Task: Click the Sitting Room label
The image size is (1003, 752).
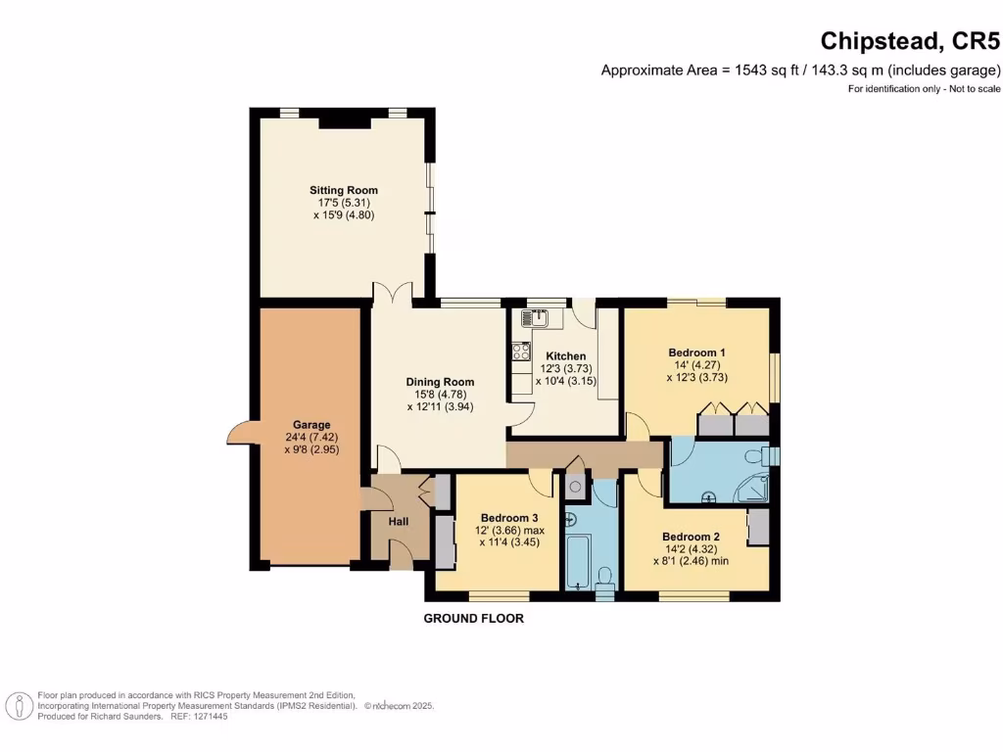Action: coord(344,190)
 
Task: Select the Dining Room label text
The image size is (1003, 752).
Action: coord(440,382)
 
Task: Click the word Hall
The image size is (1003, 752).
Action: coord(399,522)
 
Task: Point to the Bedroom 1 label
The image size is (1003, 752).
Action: coord(696,352)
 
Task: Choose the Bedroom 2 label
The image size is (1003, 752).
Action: coord(691,537)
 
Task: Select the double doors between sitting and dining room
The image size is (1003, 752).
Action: coord(391,294)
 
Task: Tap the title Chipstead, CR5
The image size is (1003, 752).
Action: coord(909,41)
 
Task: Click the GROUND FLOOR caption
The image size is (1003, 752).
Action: coord(473,619)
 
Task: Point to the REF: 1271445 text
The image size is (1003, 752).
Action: coord(199,717)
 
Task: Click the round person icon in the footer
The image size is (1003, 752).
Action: coord(18,705)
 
